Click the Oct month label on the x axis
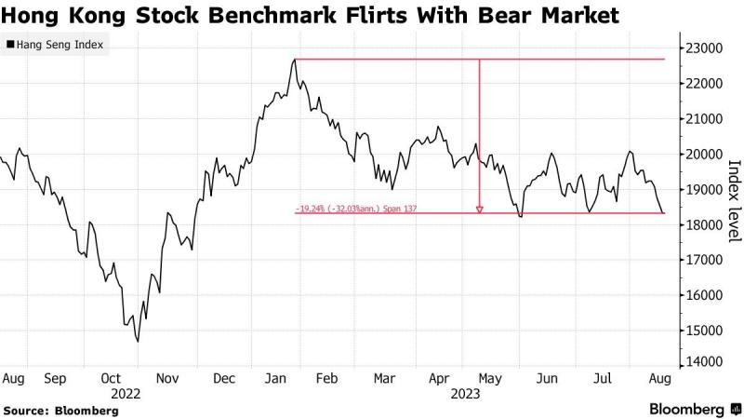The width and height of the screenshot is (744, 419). pyautogui.click(x=111, y=379)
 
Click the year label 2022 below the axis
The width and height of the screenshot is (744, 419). pyautogui.click(x=126, y=394)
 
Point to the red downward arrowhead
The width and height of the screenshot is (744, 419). pyautogui.click(x=479, y=209)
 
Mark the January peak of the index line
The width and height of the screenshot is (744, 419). pyautogui.click(x=294, y=60)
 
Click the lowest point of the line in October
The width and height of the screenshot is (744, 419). pyautogui.click(x=138, y=342)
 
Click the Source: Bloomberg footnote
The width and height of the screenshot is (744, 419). pyautogui.click(x=60, y=410)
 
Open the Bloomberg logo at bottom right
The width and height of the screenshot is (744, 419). pyautogui.click(x=688, y=410)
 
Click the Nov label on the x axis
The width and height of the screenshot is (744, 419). pyautogui.click(x=167, y=379)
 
